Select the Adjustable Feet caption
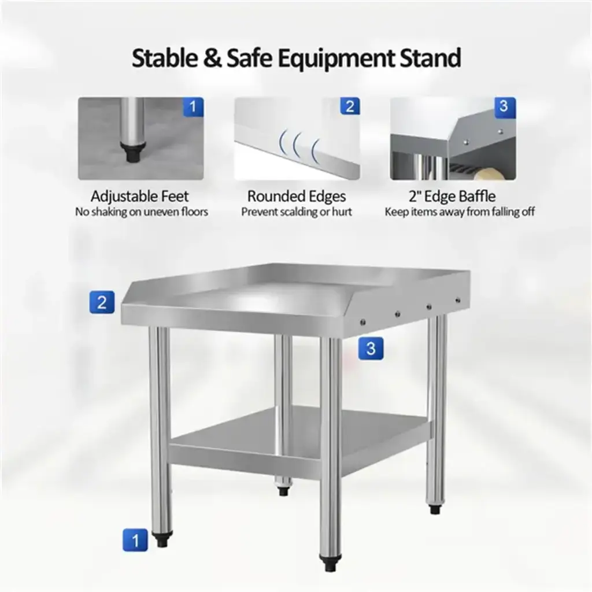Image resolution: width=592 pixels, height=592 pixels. click(x=140, y=197)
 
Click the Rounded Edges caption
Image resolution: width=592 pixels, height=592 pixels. click(x=297, y=197)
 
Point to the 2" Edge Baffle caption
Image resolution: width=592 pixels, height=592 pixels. click(x=452, y=197)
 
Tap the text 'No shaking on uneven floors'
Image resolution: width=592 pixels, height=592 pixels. click(x=142, y=212)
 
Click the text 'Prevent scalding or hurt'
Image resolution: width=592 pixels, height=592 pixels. click(x=297, y=212)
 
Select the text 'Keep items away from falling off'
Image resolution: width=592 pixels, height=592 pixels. click(x=460, y=212)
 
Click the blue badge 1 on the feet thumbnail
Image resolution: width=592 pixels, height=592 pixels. click(x=193, y=107)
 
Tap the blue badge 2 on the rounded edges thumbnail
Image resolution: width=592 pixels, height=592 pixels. click(x=350, y=106)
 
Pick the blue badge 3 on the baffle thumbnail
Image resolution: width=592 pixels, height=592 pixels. click(x=505, y=107)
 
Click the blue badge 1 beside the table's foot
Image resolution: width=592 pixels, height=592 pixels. click(x=135, y=540)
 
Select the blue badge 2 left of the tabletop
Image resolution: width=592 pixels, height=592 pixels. click(x=102, y=302)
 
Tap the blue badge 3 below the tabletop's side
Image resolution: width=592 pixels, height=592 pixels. click(x=371, y=348)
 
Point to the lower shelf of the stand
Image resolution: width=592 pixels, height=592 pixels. click(x=300, y=438)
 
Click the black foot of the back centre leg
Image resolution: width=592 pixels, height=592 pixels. click(x=283, y=491)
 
